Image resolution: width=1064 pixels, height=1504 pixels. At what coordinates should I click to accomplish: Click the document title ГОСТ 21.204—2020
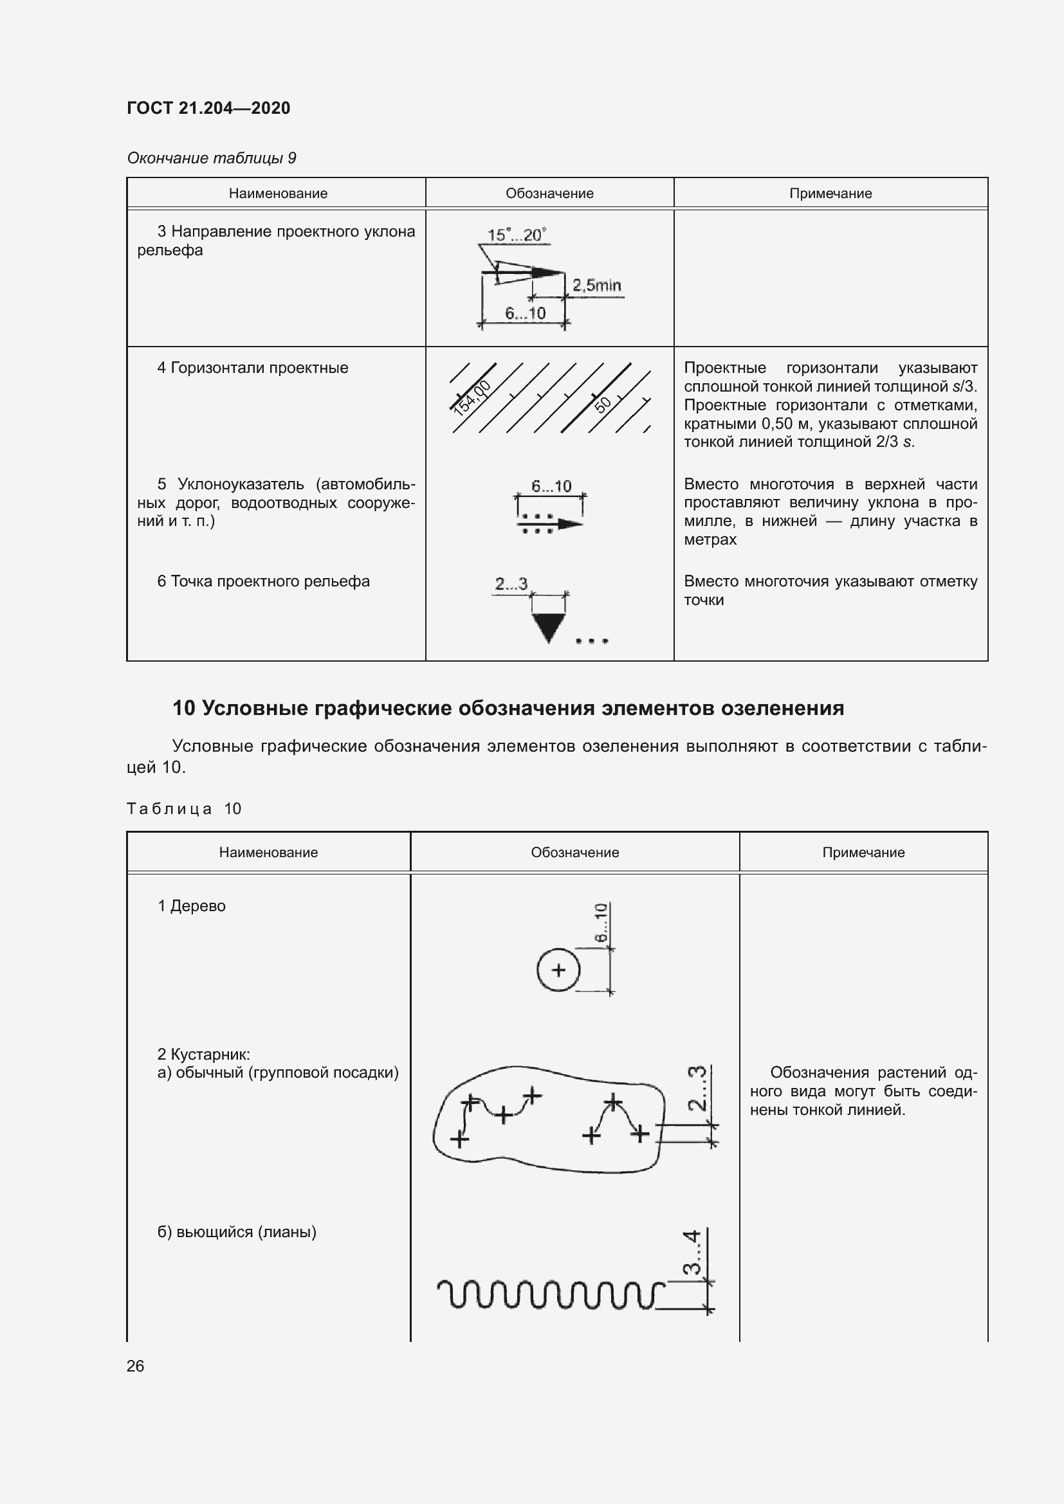[208, 108]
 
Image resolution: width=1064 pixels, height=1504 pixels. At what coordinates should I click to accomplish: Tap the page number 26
[135, 1366]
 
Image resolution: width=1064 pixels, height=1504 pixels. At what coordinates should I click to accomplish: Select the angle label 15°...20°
[517, 235]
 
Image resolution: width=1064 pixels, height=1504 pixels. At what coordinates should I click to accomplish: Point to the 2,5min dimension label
[596, 285]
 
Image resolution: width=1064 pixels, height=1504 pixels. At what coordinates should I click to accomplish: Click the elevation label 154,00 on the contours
[472, 397]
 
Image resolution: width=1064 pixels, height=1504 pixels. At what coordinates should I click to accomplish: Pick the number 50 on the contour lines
[603, 403]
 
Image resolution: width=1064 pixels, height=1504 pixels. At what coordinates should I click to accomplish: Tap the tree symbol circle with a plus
[558, 970]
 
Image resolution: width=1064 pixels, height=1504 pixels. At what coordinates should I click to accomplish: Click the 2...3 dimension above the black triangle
[511, 584]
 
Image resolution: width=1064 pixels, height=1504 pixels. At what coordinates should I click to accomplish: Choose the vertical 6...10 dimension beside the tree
[601, 922]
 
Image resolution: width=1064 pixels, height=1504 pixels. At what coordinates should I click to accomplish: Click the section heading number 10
[183, 708]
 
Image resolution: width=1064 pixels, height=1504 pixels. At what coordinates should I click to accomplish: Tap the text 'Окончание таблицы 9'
[212, 158]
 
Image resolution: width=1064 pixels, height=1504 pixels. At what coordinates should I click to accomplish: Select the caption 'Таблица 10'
[184, 809]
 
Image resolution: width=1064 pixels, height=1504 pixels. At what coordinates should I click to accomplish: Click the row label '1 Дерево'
[191, 906]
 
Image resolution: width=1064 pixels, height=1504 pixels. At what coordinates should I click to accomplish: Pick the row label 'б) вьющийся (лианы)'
[237, 1232]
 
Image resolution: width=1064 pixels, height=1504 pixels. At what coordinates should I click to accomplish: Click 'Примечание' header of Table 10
[863, 852]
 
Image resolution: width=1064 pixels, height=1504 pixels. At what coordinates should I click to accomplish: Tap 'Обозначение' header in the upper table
[549, 194]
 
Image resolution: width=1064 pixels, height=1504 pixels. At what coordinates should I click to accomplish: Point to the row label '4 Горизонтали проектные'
[252, 368]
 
